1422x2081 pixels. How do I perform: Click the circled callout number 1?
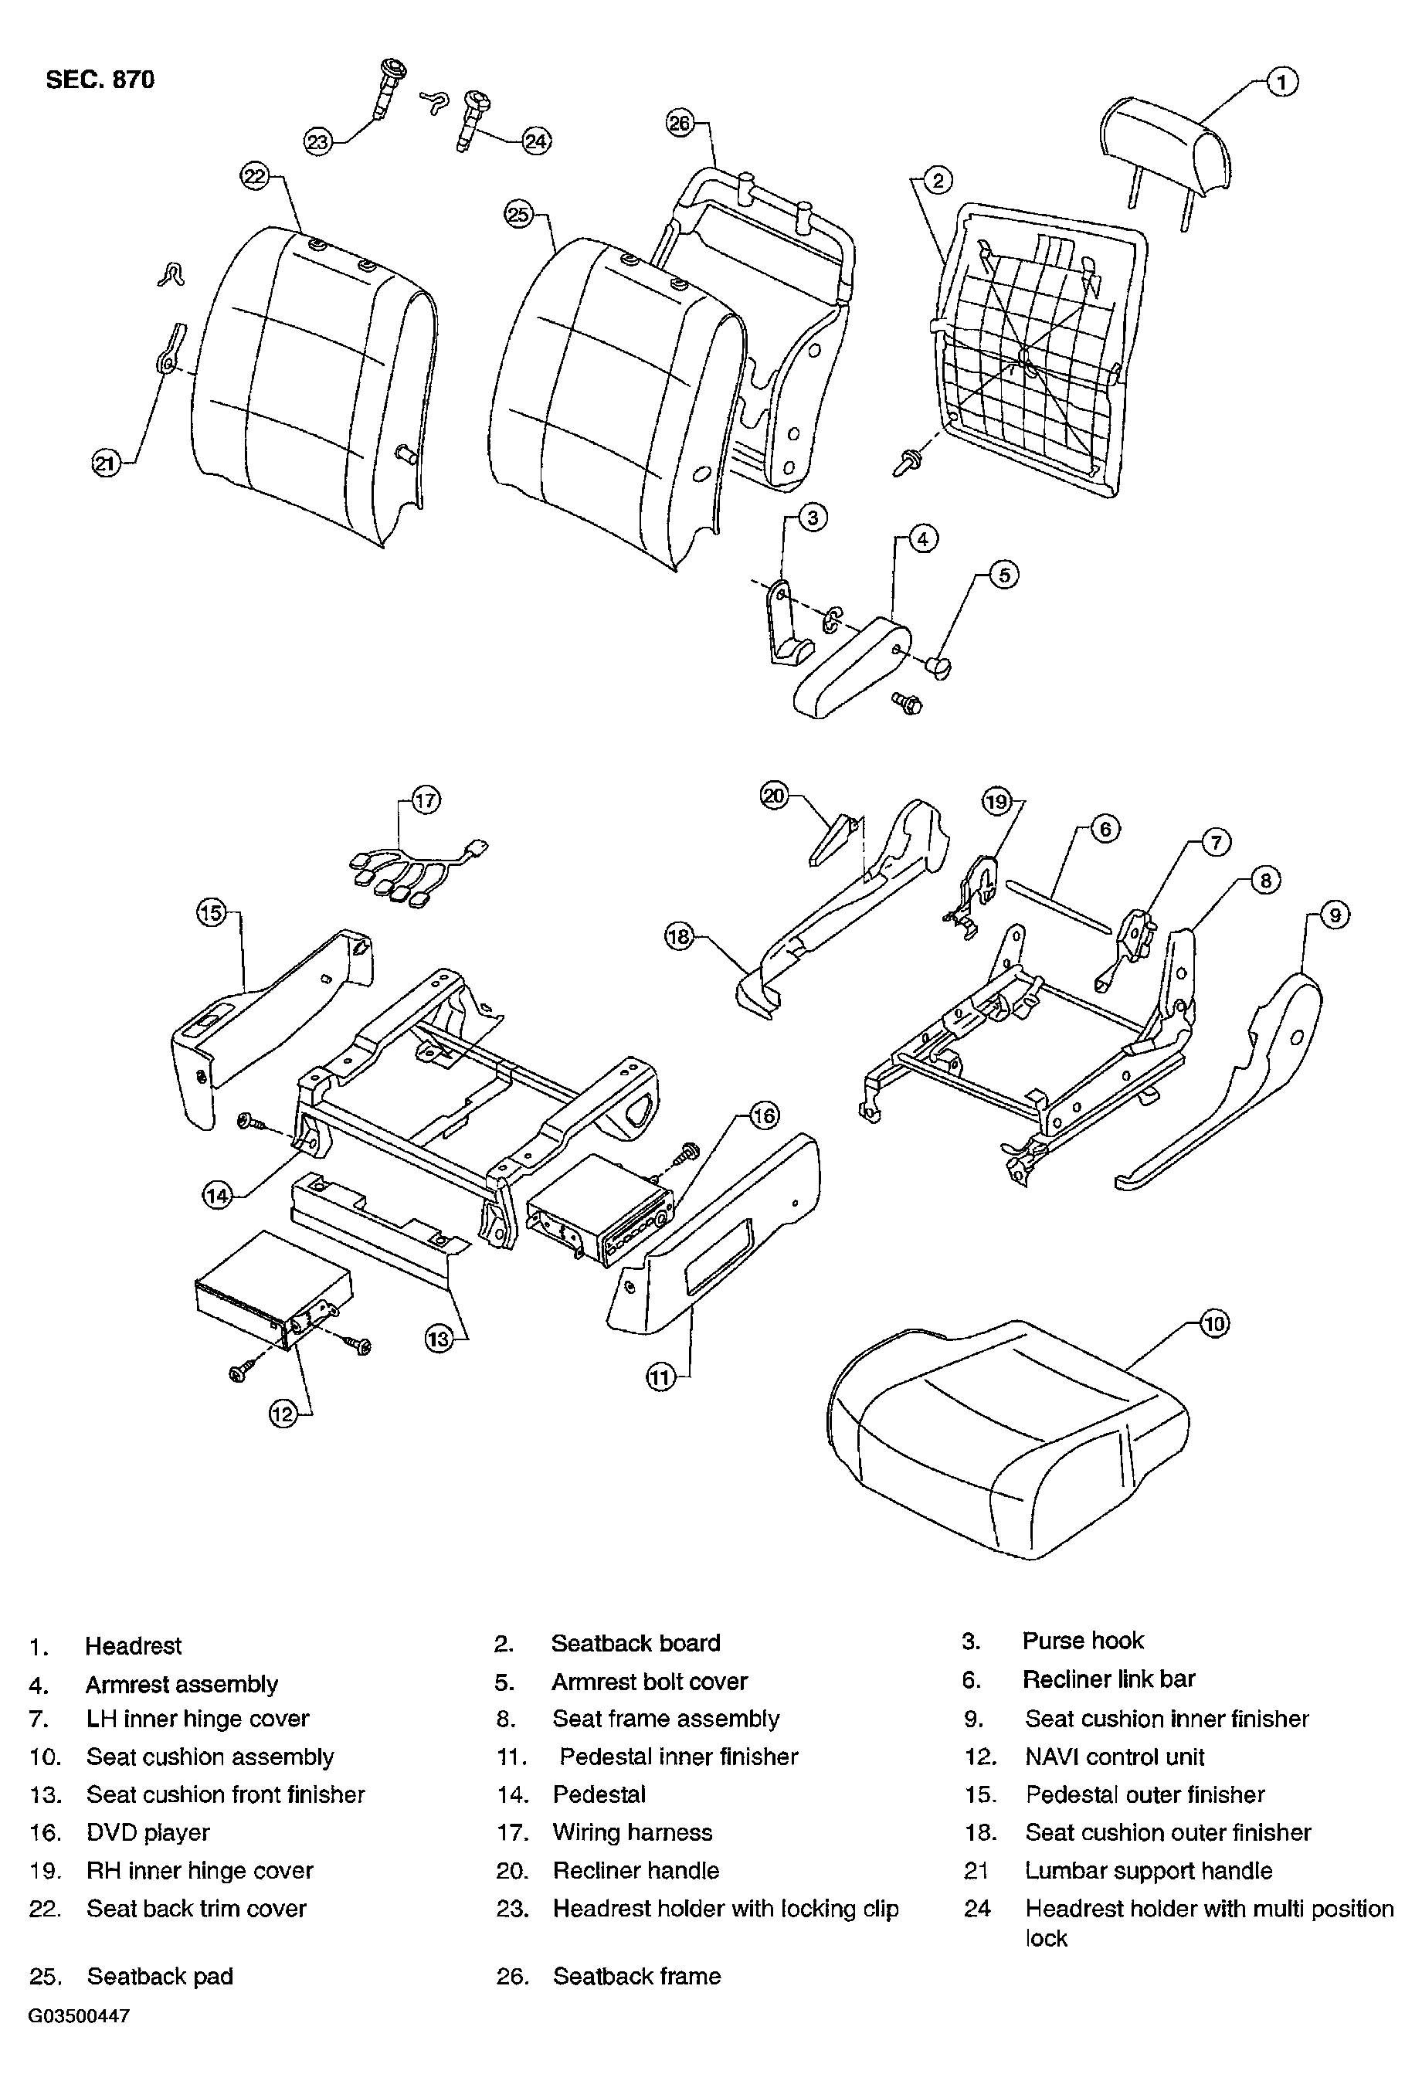pos(1282,83)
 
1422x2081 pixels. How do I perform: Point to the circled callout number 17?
pos(426,799)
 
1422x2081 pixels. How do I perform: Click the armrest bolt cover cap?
pos(938,665)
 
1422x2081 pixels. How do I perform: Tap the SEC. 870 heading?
pos(100,80)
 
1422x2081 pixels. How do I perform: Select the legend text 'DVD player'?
pos(148,1832)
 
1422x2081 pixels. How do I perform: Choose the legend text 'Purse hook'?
pos(1083,1641)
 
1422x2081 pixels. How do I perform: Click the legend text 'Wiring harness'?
pos(632,1832)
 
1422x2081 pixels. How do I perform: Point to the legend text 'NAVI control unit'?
pos(1115,1757)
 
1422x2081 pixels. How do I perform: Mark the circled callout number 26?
pos(680,123)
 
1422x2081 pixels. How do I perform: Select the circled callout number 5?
pos(1004,575)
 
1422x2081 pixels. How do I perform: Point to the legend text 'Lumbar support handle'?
pos(1149,1871)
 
